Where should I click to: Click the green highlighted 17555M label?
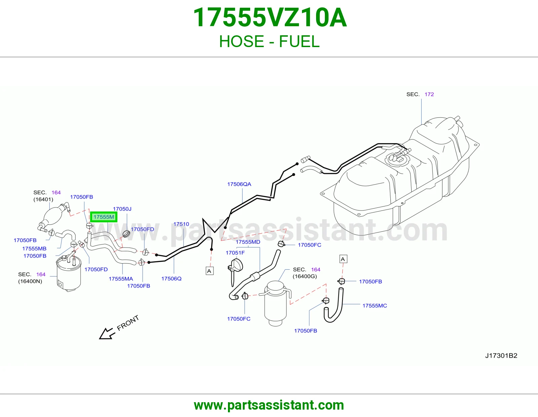click(104, 217)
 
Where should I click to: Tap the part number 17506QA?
click(239, 184)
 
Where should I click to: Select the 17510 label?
click(181, 224)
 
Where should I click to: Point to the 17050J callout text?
click(122, 209)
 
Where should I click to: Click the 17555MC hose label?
click(375, 306)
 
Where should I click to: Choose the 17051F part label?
click(235, 253)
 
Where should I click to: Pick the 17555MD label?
click(248, 242)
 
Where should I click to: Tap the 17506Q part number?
click(171, 278)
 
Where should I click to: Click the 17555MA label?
click(121, 279)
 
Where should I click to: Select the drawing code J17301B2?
click(501, 355)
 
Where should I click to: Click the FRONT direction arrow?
click(107, 334)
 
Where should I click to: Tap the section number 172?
click(429, 94)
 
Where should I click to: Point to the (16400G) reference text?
click(305, 276)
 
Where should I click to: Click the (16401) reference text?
click(43, 199)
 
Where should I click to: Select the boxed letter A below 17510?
click(209, 271)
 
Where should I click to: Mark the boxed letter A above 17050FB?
click(343, 259)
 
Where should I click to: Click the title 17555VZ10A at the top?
click(269, 17)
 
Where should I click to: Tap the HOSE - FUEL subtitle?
click(269, 41)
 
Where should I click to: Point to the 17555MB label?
click(34, 249)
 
